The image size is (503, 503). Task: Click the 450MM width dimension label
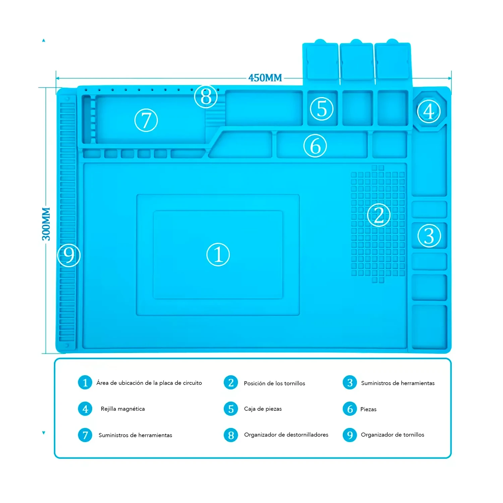point(265,78)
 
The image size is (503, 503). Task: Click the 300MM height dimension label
point(46,224)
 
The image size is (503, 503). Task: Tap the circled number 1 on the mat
point(218,255)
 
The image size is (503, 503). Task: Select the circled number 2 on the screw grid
point(379,215)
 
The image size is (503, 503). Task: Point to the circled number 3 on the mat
point(429,236)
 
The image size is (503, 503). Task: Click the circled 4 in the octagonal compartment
point(429,111)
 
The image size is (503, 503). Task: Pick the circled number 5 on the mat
point(322,109)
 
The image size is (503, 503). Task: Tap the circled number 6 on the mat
point(315,146)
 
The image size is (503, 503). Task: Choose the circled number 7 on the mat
point(146,120)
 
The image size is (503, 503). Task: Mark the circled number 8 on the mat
point(206,97)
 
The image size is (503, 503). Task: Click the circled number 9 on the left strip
point(69,255)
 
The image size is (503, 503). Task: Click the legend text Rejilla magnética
point(123,409)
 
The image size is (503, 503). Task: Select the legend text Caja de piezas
point(263,409)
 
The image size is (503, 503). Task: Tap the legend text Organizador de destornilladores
point(286,435)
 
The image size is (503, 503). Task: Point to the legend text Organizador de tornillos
point(392,435)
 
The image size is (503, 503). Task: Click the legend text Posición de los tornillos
point(274,383)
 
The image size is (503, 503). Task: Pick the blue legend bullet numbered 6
point(350,409)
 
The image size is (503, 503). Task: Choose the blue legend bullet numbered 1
point(85,383)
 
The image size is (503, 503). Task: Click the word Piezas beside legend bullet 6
point(368,409)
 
